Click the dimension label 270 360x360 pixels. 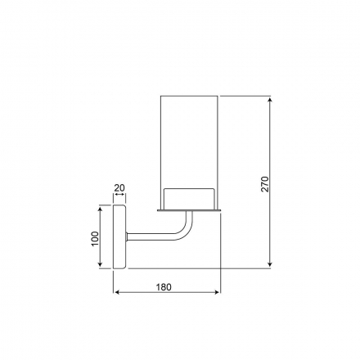coord(265,184)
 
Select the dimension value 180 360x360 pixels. coord(164,287)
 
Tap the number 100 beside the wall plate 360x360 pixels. coord(95,239)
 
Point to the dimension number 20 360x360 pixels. coord(119,188)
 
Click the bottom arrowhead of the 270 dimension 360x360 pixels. coord(270,264)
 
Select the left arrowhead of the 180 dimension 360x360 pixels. coord(117,292)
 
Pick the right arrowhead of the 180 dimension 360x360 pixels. coord(217,292)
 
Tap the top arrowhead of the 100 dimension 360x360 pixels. coord(100,209)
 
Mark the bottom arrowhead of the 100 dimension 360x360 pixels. coord(100,264)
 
